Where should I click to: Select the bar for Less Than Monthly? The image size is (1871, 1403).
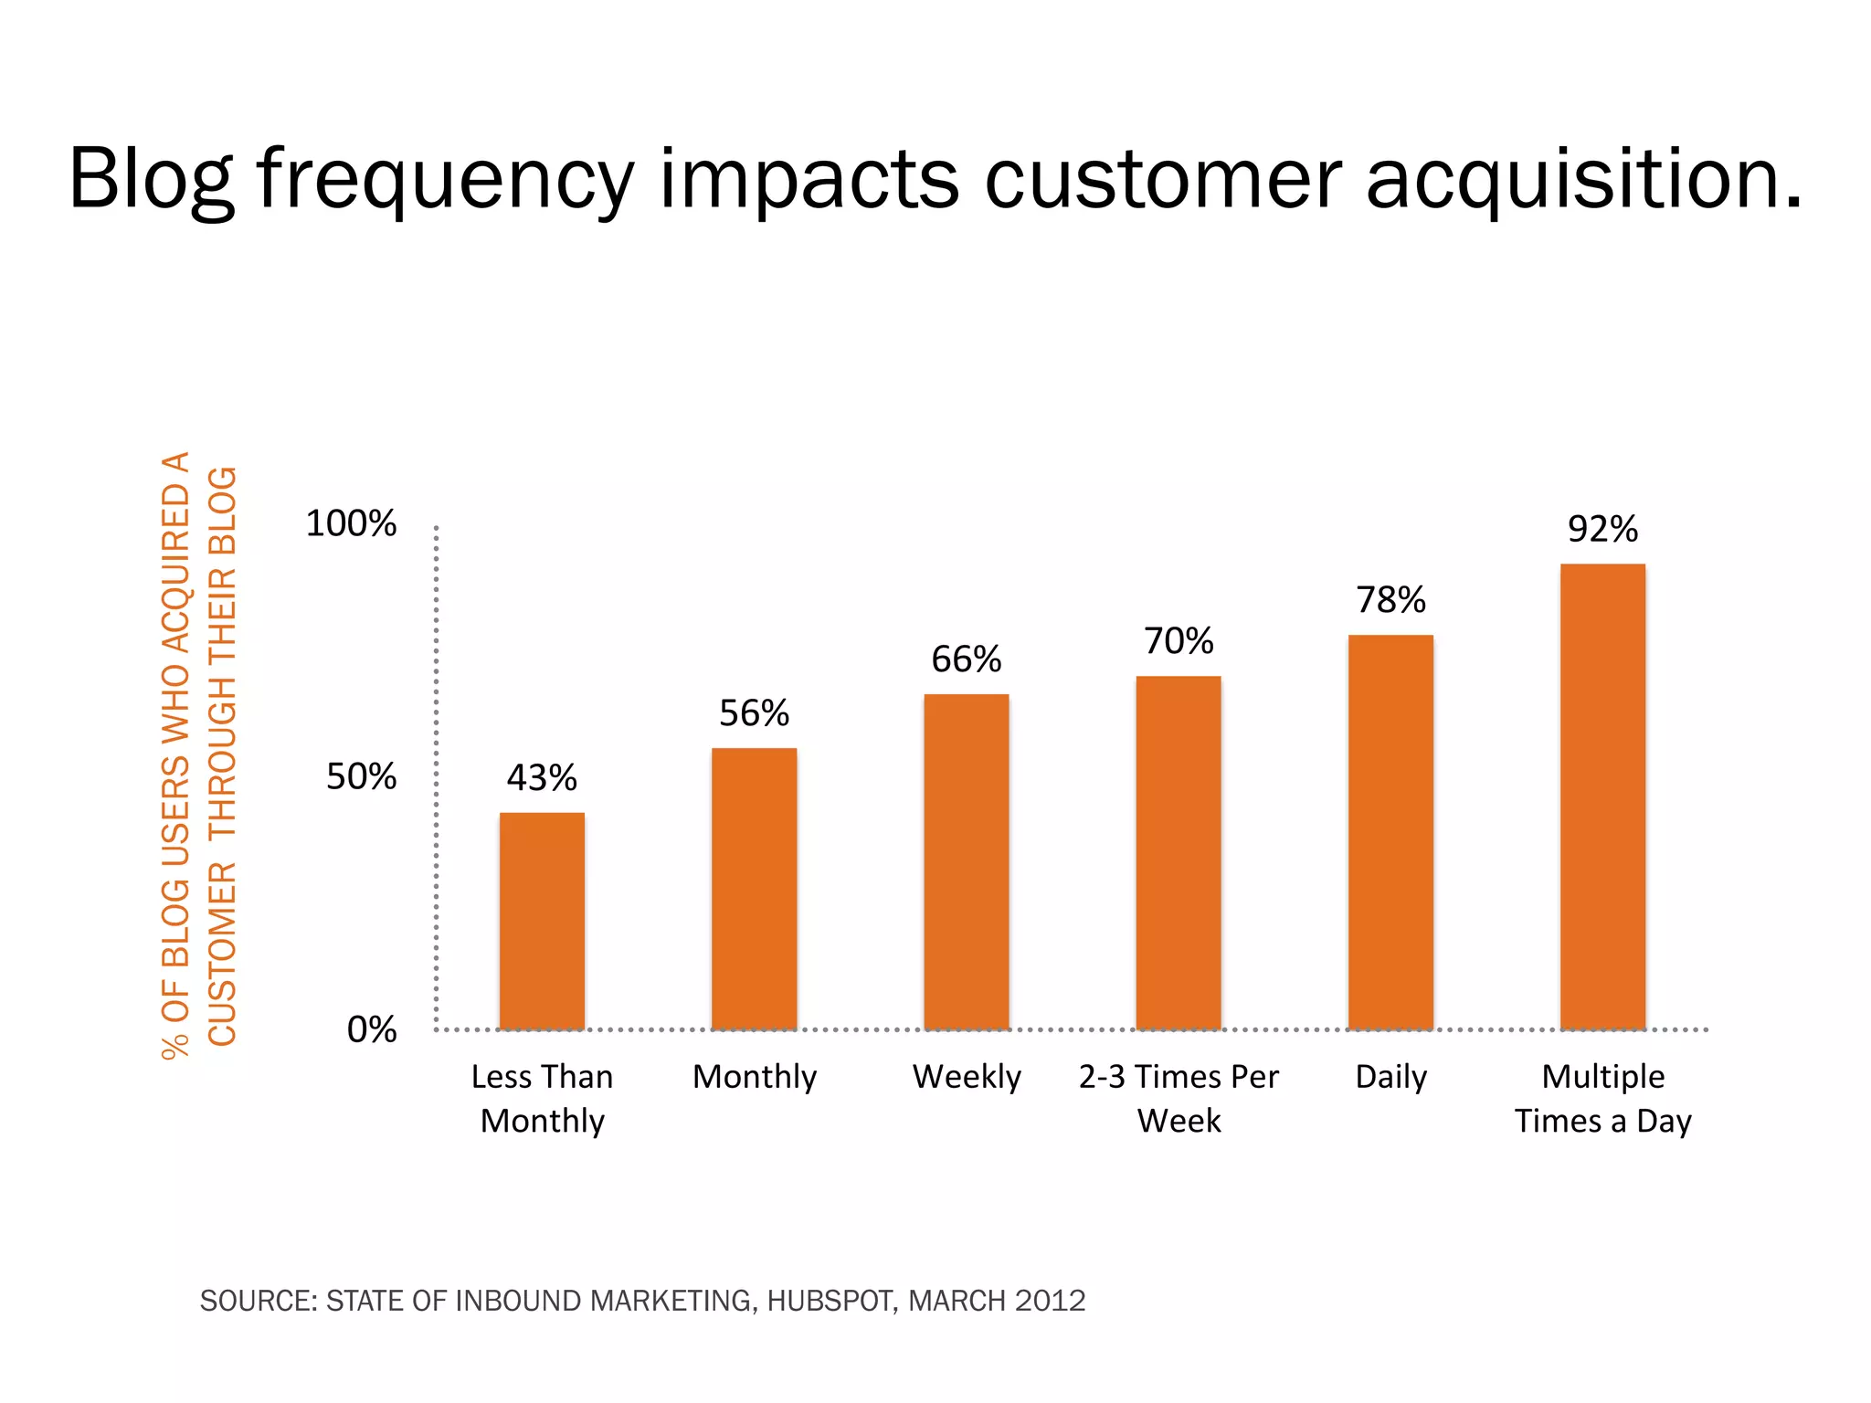(542, 921)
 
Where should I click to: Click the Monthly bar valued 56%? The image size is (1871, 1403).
(754, 889)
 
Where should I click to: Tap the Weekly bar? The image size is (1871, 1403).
(966, 861)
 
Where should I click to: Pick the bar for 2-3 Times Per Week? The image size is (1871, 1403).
(1179, 852)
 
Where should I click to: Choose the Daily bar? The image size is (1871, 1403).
(1390, 832)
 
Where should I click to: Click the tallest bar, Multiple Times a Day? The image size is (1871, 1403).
(1602, 796)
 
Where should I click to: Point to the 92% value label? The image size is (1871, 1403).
(1602, 529)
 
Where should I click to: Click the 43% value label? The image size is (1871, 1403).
(542, 778)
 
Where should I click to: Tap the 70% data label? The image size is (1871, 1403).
(1179, 641)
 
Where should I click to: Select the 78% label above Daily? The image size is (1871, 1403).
(1390, 600)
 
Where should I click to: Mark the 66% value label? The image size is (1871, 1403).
(966, 659)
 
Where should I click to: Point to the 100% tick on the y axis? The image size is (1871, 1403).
(351, 523)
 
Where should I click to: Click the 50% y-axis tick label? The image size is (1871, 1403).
(361, 776)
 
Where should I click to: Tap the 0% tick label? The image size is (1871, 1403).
(371, 1029)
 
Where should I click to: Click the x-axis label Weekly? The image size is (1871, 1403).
(966, 1077)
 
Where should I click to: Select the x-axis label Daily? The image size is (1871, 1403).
(1390, 1077)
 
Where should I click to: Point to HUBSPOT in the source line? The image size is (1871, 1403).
(830, 1301)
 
